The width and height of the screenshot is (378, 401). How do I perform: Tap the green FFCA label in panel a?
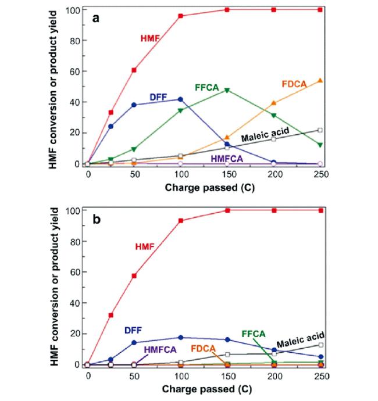(x=206, y=88)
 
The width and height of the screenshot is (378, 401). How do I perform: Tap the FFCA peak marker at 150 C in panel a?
(x=227, y=90)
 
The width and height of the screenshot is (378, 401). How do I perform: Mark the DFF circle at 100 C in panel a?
(x=180, y=99)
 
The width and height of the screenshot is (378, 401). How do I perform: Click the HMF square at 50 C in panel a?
(x=134, y=70)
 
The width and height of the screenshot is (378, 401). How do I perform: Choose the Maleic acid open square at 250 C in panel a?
(x=319, y=130)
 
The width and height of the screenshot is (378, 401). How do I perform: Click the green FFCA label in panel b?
(x=254, y=334)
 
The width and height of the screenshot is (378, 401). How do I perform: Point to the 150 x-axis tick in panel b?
(x=227, y=376)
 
